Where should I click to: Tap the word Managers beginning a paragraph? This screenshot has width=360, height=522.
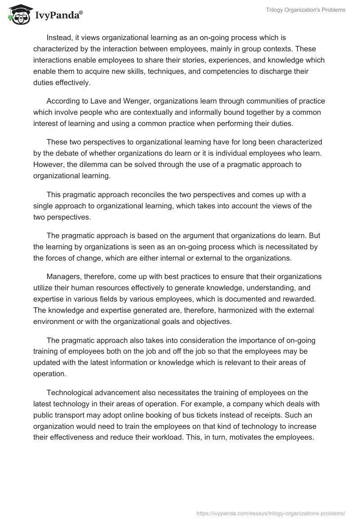(64, 276)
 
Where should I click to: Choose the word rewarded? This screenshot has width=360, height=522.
(297, 299)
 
